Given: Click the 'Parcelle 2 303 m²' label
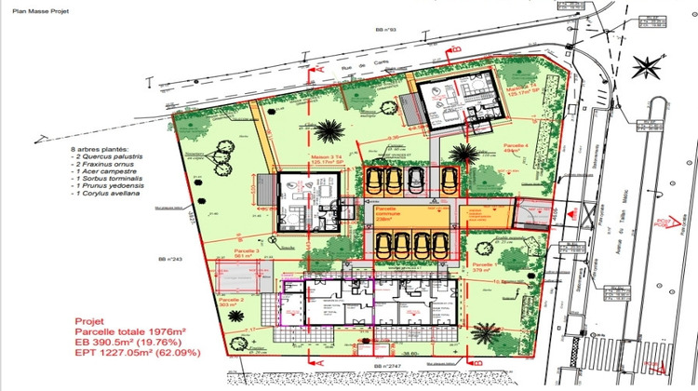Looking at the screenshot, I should [x=230, y=303].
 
